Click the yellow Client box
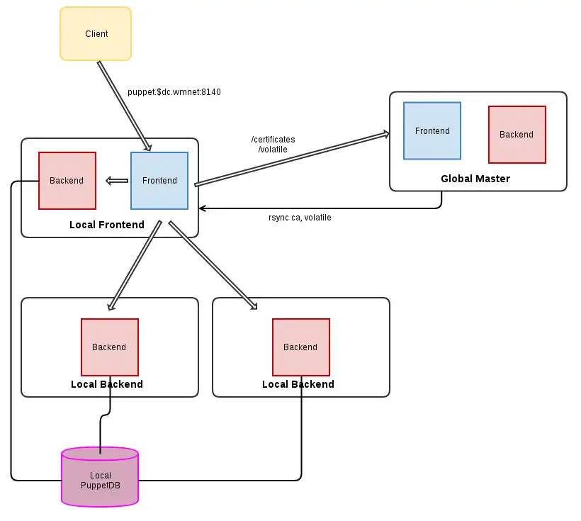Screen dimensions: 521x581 pos(96,33)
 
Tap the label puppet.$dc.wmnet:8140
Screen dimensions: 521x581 pos(174,92)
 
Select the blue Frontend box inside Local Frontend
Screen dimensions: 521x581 pos(159,181)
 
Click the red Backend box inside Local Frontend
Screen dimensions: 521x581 pos(67,181)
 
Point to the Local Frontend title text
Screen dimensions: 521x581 pos(107,225)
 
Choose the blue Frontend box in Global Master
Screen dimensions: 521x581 pos(432,131)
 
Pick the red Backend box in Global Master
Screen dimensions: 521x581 pos(517,135)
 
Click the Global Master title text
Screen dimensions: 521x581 pos(475,179)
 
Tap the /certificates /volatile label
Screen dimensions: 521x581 pos(273,145)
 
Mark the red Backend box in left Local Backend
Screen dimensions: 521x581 pos(109,347)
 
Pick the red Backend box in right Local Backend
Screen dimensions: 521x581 pos(300,347)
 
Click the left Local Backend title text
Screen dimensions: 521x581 pos(107,384)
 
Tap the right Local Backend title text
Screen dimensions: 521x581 pos(298,384)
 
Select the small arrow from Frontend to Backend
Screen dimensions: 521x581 pos(116,181)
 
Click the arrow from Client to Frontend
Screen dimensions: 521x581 pos(124,106)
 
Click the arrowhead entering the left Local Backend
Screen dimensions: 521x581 pos(111,306)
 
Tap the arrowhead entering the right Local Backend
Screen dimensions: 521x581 pos(252,306)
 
